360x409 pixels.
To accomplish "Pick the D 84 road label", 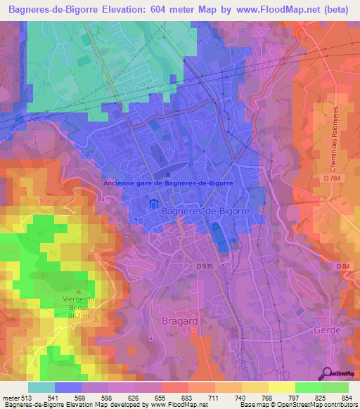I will coord(343,266).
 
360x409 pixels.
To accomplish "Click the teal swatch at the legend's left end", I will coord(41,387).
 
